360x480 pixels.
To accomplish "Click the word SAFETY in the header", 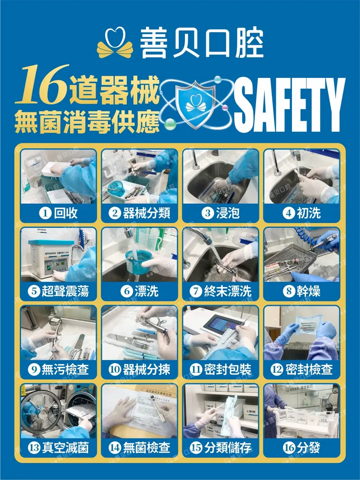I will pos(290,106).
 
